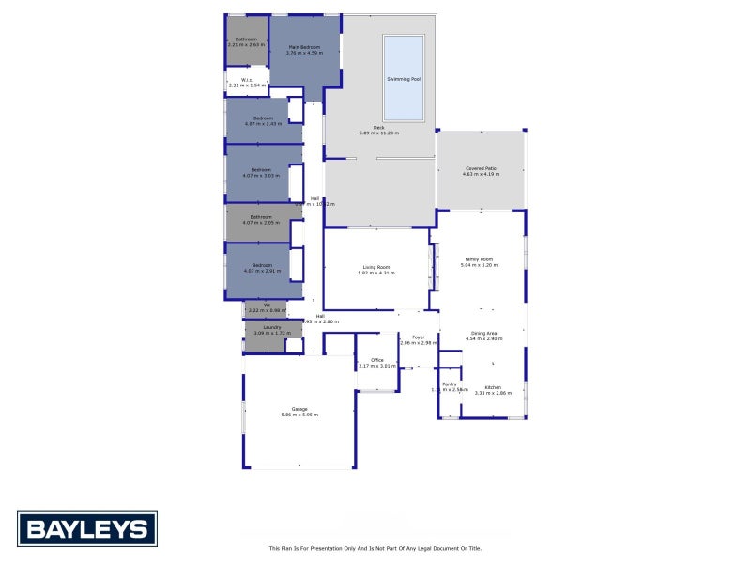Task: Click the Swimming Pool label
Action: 404,79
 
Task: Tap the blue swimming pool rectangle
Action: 404,56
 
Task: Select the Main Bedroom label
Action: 303,47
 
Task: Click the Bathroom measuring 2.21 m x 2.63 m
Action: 246,41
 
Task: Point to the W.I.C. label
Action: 246,80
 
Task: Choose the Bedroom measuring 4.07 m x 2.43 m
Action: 262,120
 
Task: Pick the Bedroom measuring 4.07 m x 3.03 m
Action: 262,172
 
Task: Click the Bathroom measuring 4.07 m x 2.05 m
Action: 262,220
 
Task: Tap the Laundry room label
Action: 272,327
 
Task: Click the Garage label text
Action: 299,409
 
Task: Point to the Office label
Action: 376,360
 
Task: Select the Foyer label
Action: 418,337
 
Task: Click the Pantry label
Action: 450,384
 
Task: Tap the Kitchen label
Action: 493,387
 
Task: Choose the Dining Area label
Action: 484,333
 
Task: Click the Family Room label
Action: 479,259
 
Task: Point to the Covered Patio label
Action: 481,168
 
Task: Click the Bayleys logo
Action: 86,528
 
